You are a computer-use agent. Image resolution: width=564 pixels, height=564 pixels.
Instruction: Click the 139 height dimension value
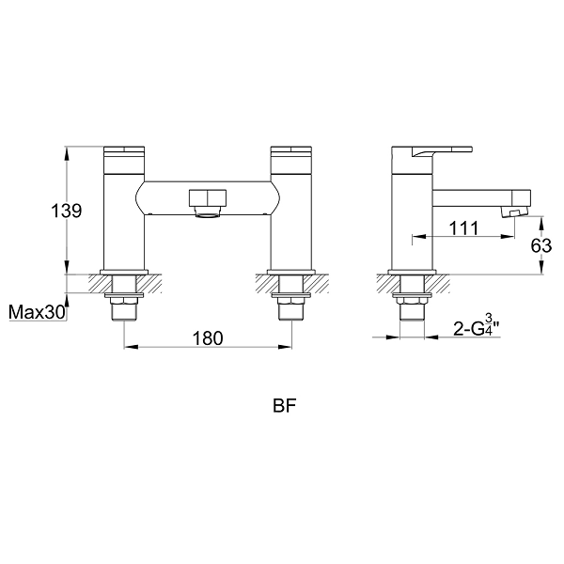pyautogui.click(x=67, y=211)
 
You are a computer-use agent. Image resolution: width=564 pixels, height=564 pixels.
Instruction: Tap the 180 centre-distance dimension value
pyautogui.click(x=208, y=338)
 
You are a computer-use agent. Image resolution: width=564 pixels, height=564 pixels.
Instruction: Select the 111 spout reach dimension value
pyautogui.click(x=463, y=228)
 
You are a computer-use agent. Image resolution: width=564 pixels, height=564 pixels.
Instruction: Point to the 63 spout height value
pyautogui.click(x=541, y=246)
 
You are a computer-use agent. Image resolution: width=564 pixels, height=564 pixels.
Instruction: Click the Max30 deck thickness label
pyautogui.click(x=37, y=312)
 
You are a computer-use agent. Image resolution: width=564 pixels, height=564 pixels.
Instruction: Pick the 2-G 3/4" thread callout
pyautogui.click(x=477, y=325)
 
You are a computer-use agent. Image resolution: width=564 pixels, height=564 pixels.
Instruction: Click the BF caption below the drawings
pyautogui.click(x=284, y=406)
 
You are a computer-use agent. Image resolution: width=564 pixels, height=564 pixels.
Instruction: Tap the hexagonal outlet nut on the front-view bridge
pyautogui.click(x=208, y=199)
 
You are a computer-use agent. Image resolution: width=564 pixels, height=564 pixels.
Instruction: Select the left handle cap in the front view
pyautogui.click(x=124, y=160)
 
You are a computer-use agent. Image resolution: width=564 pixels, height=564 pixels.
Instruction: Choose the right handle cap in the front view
pyautogui.click(x=291, y=160)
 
